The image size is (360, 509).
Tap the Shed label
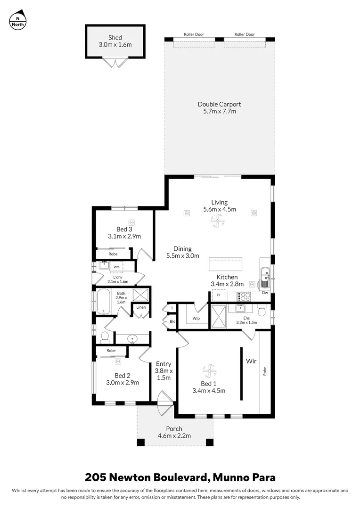115,38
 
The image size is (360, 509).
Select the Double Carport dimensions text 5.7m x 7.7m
216,112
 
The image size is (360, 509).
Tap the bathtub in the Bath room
103,302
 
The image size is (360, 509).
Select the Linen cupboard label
141,307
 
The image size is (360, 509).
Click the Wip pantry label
196,319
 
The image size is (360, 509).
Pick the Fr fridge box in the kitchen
218,295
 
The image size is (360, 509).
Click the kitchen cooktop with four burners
245,296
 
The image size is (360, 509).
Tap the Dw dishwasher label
265,293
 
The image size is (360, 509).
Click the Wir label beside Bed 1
250,361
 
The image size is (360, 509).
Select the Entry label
164,364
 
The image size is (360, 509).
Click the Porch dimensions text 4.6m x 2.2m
174,436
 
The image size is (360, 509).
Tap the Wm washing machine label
116,267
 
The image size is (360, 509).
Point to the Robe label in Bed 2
111,351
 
